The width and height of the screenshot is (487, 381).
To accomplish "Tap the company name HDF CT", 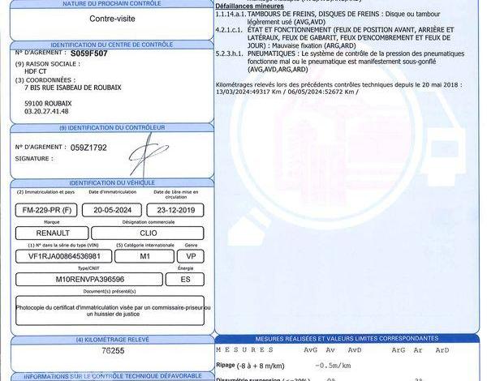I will click(37, 71).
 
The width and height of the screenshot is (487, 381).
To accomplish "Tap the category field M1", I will click(145, 255).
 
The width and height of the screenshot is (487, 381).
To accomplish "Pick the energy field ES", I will click(185, 279).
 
